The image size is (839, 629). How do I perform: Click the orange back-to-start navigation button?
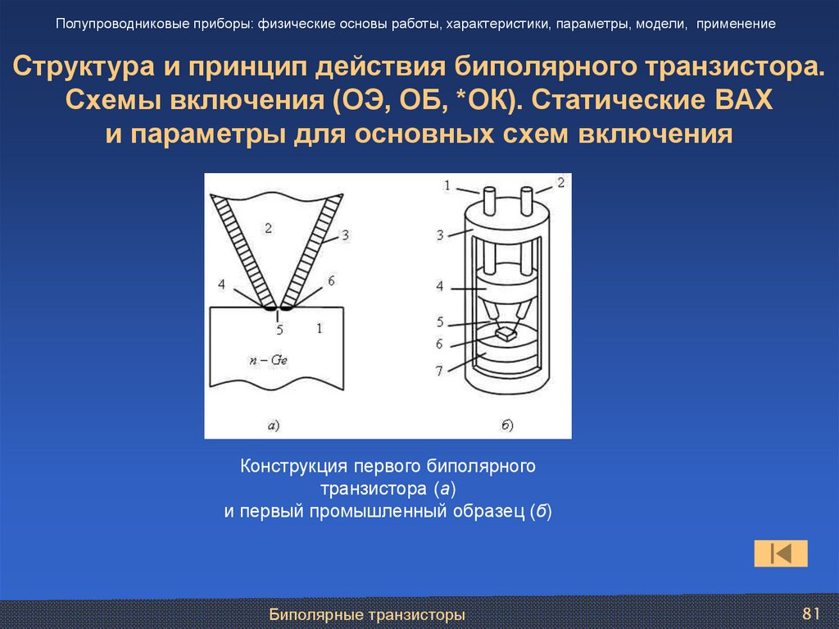(x=780, y=554)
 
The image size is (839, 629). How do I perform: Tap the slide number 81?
(x=811, y=614)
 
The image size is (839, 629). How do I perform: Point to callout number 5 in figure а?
(x=279, y=330)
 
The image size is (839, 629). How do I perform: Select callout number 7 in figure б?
(x=439, y=371)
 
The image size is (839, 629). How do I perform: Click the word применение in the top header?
(x=737, y=24)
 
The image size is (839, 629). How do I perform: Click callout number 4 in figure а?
(x=220, y=285)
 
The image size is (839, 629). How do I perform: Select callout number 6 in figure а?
(x=331, y=280)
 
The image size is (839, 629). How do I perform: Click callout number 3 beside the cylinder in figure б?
(x=440, y=235)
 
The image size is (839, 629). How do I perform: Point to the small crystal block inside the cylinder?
(x=504, y=334)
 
